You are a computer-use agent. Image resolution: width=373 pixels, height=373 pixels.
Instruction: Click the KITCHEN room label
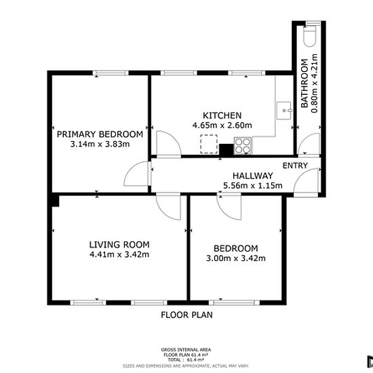coord(222,115)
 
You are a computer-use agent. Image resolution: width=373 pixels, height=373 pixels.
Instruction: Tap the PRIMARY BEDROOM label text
coord(100,134)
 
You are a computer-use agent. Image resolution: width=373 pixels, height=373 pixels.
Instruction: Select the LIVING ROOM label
coord(119,245)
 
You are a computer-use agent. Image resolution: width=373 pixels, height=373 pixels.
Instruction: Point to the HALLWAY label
coord(253,176)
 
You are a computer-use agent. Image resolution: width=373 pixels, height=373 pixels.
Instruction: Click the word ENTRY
coord(295,165)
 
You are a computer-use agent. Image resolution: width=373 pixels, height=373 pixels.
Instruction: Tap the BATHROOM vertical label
coord(305,83)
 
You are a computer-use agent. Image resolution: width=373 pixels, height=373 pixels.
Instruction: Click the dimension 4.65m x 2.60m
coord(222,125)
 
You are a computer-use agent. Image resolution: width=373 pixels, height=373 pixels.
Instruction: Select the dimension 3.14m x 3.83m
coord(100,144)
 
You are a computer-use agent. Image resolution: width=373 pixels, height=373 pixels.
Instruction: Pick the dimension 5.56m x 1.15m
coord(253,186)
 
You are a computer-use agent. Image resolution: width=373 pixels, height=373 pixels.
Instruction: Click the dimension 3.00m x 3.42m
coord(236,258)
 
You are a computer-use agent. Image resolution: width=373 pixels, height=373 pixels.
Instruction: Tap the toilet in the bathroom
coord(310,35)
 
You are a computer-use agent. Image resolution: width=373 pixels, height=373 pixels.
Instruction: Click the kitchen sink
coord(283,111)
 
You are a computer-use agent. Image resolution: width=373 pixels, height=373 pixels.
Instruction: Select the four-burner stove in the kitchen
coord(243,146)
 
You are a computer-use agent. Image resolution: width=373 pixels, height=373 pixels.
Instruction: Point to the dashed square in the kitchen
coord(209,144)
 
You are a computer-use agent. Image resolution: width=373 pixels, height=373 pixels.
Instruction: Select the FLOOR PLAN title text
coord(186,315)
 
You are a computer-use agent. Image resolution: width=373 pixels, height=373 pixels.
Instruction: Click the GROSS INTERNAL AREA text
coord(186,350)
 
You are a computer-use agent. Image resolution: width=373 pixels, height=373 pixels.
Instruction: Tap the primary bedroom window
coord(111,73)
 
